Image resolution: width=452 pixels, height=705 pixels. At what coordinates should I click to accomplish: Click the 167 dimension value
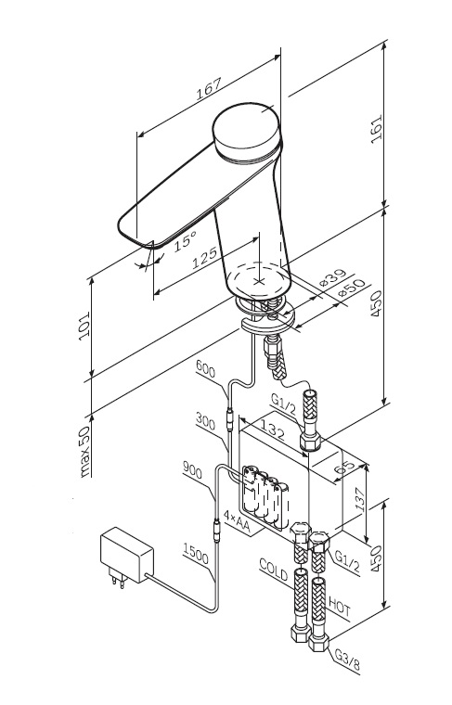click(x=209, y=89)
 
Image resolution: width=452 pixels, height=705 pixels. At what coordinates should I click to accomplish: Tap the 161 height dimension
click(x=376, y=129)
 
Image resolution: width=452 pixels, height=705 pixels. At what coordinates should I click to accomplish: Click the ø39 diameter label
click(x=333, y=278)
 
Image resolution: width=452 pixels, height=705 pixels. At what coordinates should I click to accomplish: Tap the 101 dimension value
click(x=84, y=326)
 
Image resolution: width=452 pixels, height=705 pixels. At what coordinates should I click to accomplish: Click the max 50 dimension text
click(x=84, y=451)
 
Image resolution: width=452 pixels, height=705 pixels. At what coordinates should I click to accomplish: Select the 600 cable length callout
click(x=205, y=369)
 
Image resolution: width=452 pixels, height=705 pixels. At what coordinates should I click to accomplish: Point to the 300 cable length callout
click(x=205, y=420)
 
